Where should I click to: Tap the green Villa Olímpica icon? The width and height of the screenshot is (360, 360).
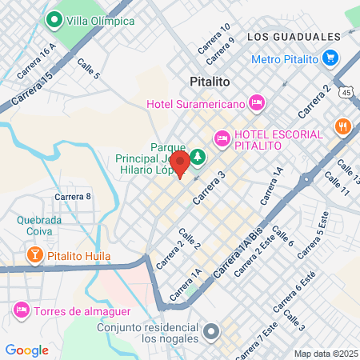(x=55, y=20)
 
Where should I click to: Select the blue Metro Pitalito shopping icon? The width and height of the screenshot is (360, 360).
(x=330, y=58)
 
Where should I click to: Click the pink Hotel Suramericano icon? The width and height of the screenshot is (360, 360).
(x=257, y=102)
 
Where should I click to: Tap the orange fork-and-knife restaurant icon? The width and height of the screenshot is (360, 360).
(x=343, y=126)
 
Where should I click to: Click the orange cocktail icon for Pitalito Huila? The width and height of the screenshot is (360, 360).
(x=35, y=256)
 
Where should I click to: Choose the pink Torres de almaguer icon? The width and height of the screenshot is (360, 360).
(x=21, y=309)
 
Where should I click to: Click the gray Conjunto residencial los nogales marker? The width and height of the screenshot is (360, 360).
(x=211, y=330)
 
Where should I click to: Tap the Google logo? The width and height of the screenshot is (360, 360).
(x=26, y=350)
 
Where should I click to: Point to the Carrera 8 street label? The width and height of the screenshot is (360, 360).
(x=74, y=196)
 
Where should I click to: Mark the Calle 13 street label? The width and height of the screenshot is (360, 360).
(x=347, y=171)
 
